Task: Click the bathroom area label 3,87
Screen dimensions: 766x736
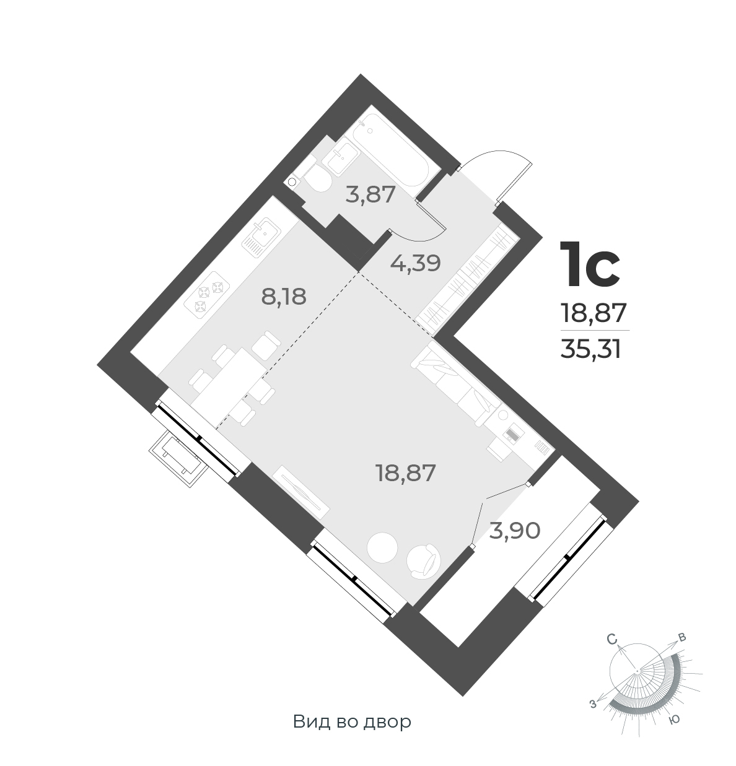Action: click(x=370, y=195)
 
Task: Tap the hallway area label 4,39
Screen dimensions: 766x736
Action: click(x=414, y=263)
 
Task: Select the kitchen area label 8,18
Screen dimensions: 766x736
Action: click(x=284, y=297)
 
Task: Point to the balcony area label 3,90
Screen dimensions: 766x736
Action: click(x=515, y=530)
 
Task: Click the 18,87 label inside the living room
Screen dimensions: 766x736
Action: click(x=406, y=474)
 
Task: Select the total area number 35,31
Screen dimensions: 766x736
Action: click(x=590, y=350)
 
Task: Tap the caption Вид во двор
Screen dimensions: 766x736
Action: click(x=352, y=722)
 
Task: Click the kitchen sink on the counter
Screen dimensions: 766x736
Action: click(x=265, y=236)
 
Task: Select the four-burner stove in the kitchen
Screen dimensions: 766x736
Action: click(x=209, y=296)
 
